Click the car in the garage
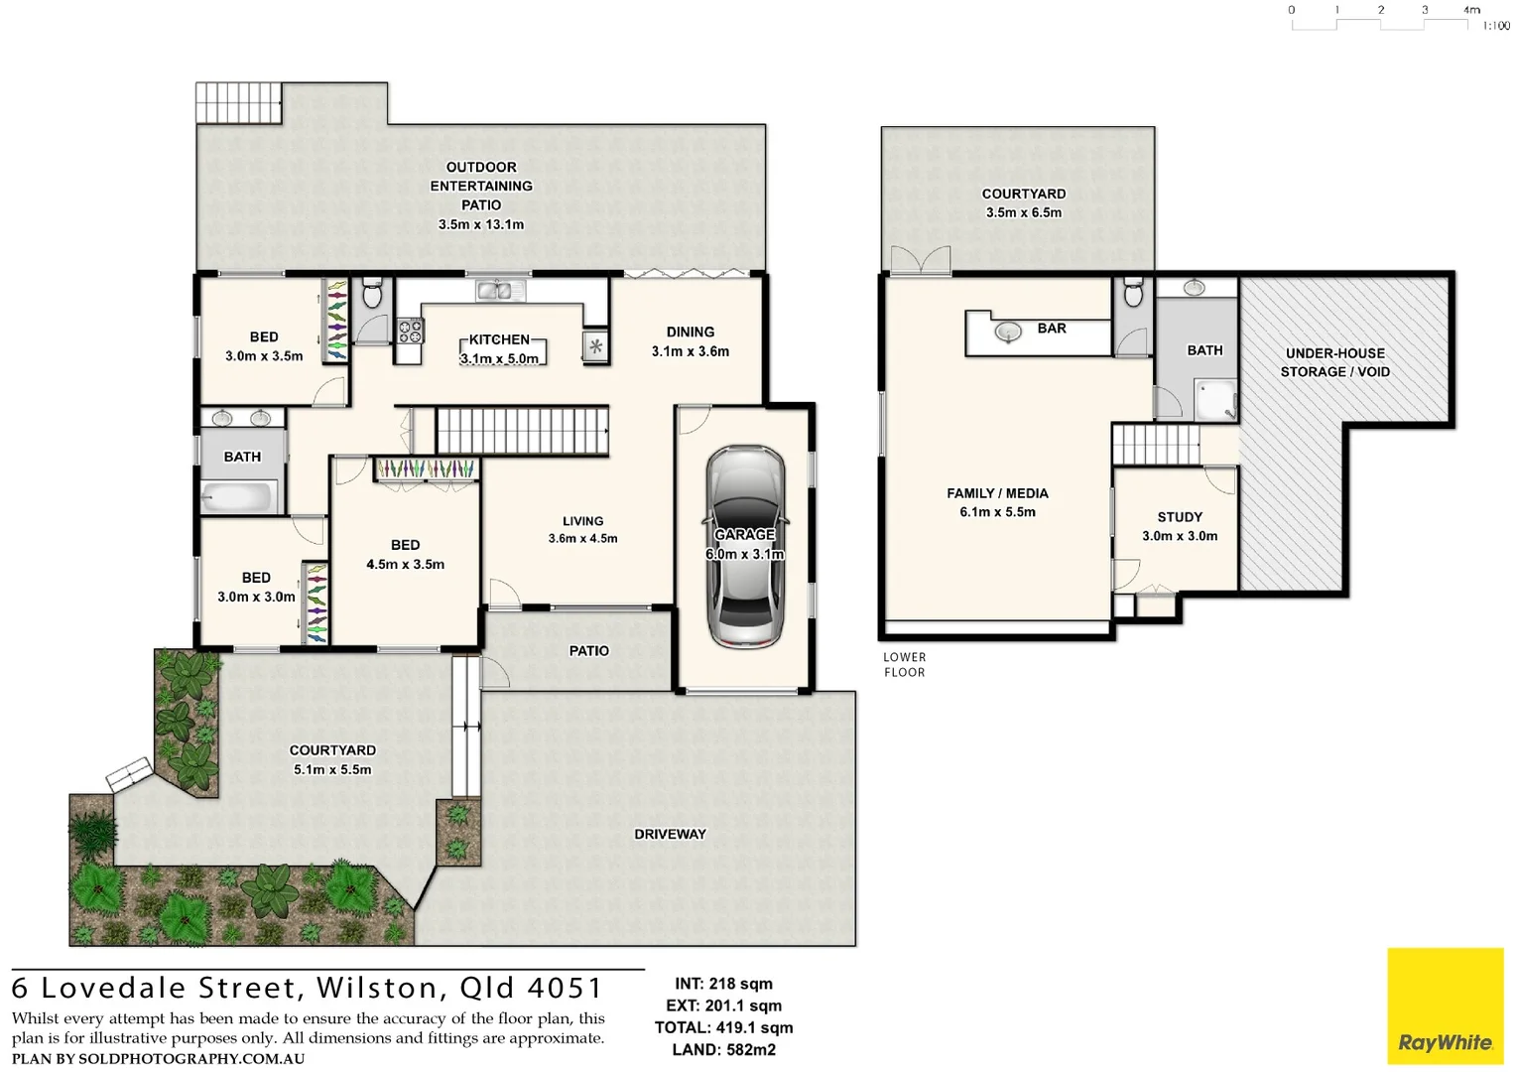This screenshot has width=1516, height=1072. pos(745,548)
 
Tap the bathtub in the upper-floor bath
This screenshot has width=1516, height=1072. pos(238,495)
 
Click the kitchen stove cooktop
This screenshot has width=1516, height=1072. pos(410,331)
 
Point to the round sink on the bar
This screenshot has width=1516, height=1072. pos(1008,332)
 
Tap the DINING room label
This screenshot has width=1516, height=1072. pos(690,332)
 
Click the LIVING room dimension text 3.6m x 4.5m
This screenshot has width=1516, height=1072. pos(582,539)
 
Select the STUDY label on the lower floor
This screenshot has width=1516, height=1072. pos(1179,517)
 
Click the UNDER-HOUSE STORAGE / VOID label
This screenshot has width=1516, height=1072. pos(1334,362)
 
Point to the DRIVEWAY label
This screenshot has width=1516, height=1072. pos(670,834)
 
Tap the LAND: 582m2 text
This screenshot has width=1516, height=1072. pos(723,1049)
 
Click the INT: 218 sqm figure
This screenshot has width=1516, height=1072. pos(723,984)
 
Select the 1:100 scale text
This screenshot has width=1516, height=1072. pos(1495,26)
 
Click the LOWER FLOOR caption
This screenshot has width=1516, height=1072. pos(904,664)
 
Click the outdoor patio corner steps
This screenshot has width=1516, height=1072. pos(238,102)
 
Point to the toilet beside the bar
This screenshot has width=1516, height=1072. pos(1133,294)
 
